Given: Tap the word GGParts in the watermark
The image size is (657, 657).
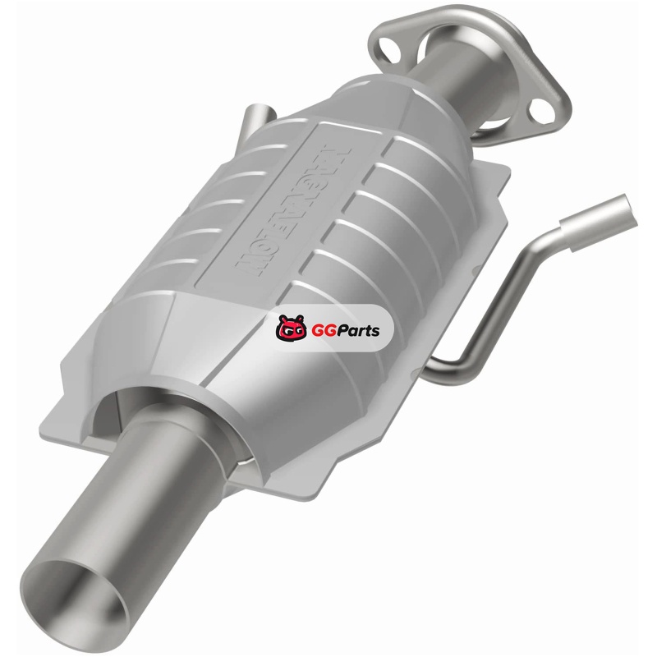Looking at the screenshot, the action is pos(346,330).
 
